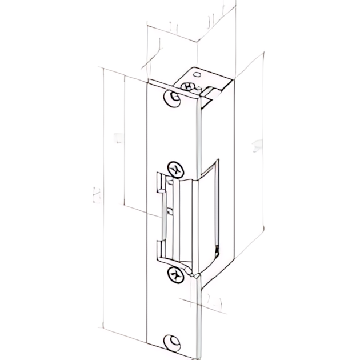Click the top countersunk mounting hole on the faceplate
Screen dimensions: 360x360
tap(172, 98)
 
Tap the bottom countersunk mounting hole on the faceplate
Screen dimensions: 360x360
tap(171, 342)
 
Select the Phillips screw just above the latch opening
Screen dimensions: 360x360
tap(175, 169)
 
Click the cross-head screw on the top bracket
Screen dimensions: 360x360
tap(188, 86)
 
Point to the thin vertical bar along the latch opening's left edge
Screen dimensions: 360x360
tap(163, 217)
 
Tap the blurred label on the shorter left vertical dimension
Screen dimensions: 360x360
tap(117, 137)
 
